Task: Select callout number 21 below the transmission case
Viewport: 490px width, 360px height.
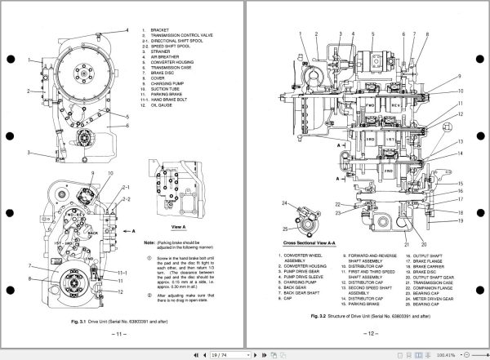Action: coord(406,243)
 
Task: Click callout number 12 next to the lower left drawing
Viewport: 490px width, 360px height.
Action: coord(120,293)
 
